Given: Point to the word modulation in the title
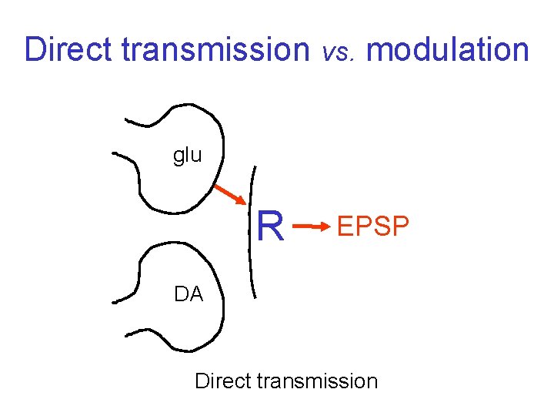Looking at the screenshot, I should click(x=448, y=50).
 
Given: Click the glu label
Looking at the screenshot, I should click(x=187, y=156).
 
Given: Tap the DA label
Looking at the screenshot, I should click(x=189, y=294).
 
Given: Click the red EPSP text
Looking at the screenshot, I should click(x=373, y=227).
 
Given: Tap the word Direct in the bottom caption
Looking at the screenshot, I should click(x=222, y=381).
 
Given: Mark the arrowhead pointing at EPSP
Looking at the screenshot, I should click(x=324, y=226).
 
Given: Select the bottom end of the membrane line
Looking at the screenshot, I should click(x=256, y=297).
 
